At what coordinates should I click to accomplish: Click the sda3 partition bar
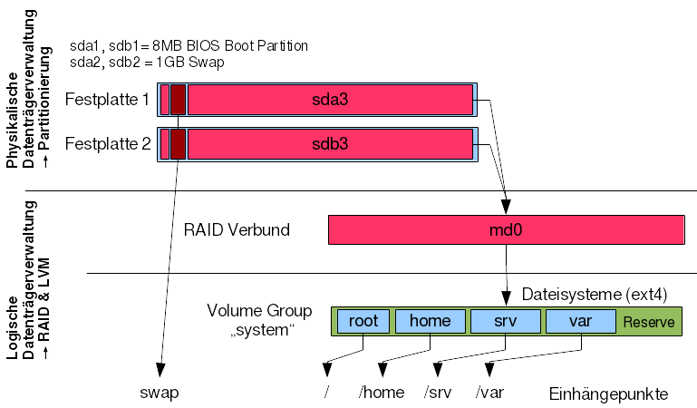tap(330, 100)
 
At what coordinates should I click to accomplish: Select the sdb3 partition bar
tap(330, 143)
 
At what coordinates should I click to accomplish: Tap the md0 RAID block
tap(506, 229)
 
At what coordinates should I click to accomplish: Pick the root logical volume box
tap(363, 320)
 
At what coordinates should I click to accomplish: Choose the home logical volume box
tap(430, 320)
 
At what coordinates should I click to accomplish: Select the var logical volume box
tap(580, 320)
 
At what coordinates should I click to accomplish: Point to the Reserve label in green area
tap(649, 322)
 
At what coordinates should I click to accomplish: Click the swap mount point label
tap(159, 393)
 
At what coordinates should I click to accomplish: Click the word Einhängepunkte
tap(608, 394)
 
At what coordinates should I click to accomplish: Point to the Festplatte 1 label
tap(108, 99)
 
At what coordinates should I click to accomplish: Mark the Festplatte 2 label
tap(108, 143)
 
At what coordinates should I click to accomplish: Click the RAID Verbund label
tap(236, 230)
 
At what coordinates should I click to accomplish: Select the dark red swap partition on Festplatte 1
tap(178, 100)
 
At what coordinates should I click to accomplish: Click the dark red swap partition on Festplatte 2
tap(178, 143)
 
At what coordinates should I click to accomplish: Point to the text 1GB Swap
tap(189, 63)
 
